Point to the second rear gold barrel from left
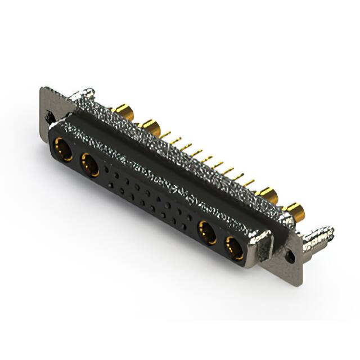click(149, 124)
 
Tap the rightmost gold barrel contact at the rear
click(294, 212)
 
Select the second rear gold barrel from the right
click(267, 196)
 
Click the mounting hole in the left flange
click(50, 118)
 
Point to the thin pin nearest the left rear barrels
click(166, 135)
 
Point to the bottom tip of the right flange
click(299, 281)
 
